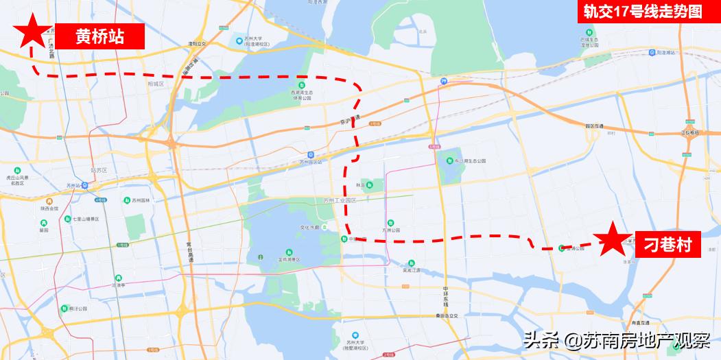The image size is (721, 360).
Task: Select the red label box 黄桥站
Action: (99, 36)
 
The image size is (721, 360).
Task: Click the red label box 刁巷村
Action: (667, 243)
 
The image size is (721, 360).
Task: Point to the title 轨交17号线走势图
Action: (643, 12)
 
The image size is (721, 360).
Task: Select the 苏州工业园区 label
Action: (341, 201)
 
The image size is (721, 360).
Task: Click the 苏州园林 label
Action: (140, 200)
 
